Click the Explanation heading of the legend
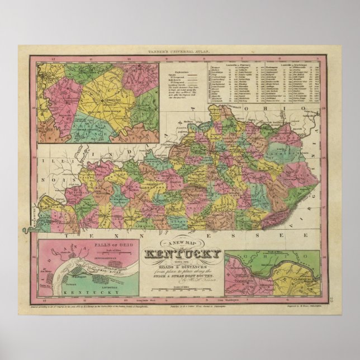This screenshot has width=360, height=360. click(178, 73)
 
